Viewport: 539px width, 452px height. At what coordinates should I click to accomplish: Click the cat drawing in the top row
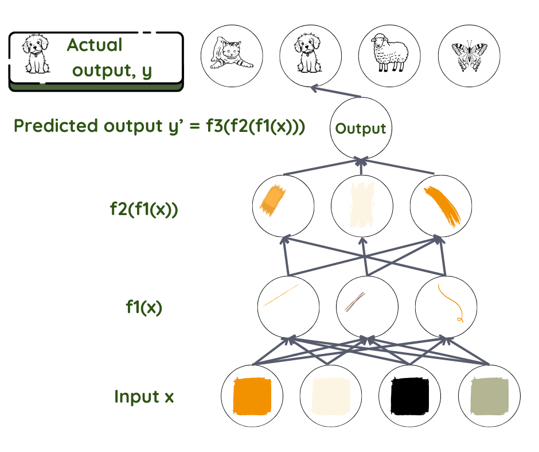(231, 53)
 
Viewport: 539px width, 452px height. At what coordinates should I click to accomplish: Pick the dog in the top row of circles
(308, 53)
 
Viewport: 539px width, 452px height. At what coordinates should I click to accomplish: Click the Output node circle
(361, 128)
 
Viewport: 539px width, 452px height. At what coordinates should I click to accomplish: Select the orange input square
(252, 396)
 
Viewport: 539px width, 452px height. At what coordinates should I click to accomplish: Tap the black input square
(410, 396)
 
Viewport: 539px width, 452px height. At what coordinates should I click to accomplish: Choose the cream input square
(331, 396)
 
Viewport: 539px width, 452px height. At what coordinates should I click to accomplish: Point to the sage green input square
(489, 396)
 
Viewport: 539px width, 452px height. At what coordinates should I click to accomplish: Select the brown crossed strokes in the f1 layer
(355, 302)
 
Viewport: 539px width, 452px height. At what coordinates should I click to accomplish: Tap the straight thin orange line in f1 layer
(280, 295)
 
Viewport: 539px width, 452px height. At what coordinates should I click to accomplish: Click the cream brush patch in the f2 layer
(362, 205)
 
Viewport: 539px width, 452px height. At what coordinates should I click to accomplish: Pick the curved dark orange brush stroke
(443, 206)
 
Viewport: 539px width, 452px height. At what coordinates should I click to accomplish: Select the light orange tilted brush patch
(272, 201)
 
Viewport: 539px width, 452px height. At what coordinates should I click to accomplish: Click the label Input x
(144, 396)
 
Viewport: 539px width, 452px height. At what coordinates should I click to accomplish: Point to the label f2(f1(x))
(144, 209)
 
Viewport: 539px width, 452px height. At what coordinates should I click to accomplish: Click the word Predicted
(56, 125)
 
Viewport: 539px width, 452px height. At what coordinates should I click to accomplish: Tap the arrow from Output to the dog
(336, 92)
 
